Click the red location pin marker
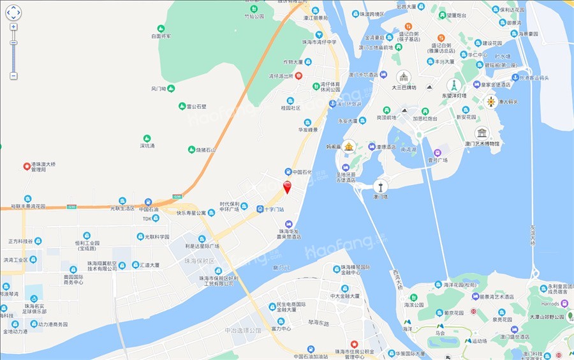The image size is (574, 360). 287,186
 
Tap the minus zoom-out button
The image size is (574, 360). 13,75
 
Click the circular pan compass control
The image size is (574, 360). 13,12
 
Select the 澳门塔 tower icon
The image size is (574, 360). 381,186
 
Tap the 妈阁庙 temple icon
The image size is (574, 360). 349,146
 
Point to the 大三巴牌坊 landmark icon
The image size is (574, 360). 404,76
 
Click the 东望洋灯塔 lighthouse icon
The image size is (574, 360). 454,85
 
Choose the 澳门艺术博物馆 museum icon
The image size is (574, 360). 482,133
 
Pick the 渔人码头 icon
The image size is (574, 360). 491,101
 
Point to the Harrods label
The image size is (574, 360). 550,303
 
